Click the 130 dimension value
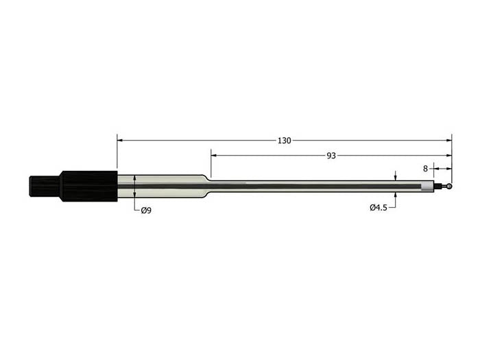284,141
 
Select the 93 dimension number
331,156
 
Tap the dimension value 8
425,168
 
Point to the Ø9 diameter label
145,211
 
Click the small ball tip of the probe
449,185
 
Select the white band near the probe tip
429,186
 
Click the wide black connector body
88,186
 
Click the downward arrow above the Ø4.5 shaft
396,178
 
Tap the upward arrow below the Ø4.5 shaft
396,194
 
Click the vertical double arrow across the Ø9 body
135,187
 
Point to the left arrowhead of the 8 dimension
436,168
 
